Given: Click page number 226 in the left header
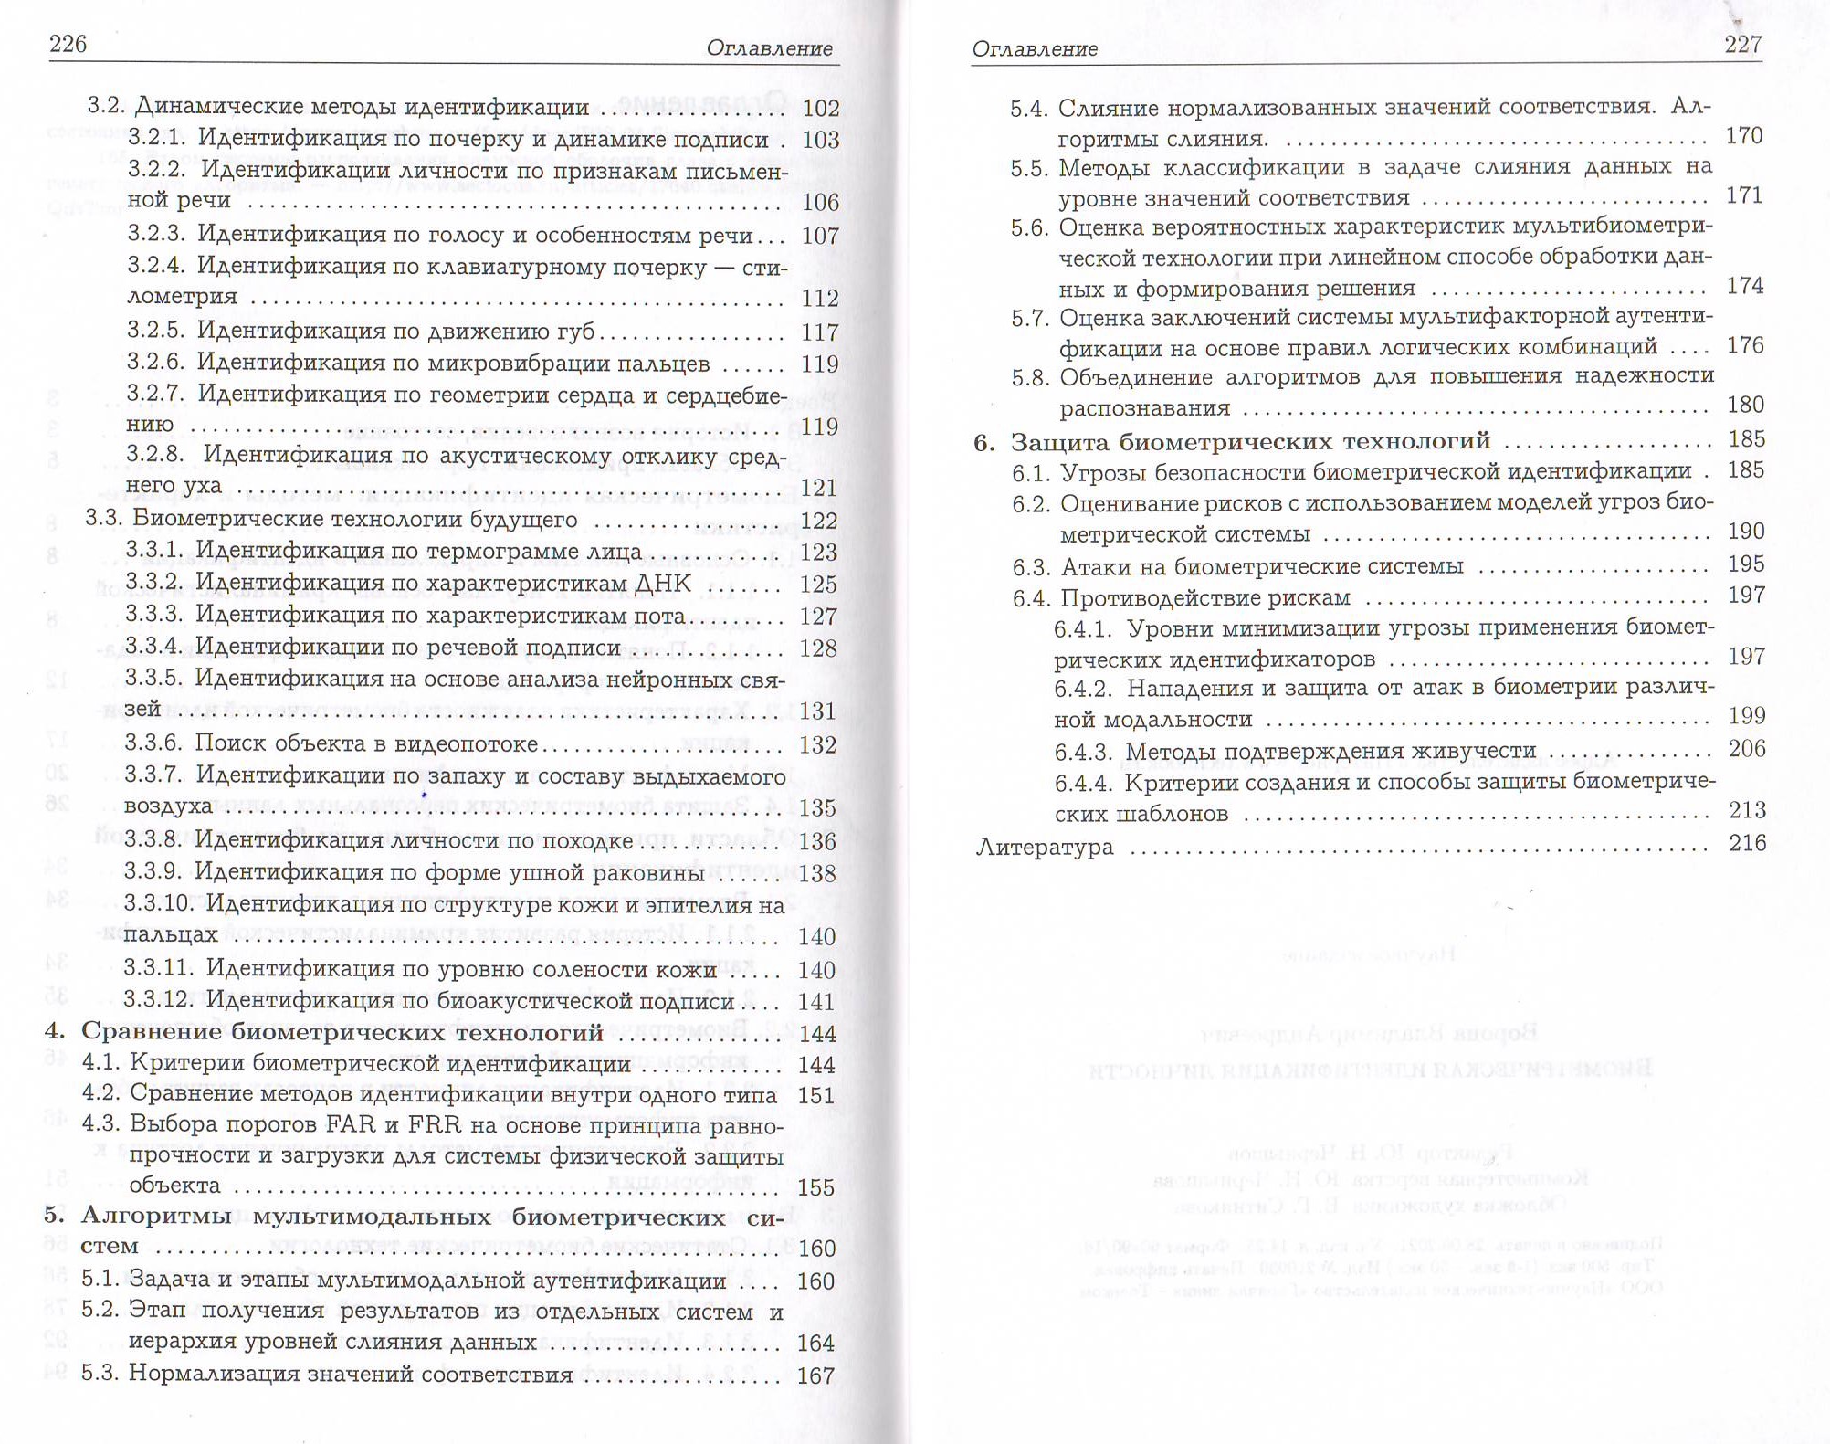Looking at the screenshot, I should click(x=68, y=44).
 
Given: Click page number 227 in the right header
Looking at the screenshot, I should click(x=1742, y=45).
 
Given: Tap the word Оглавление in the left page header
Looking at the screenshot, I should click(x=769, y=48).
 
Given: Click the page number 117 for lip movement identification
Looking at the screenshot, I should click(x=819, y=332).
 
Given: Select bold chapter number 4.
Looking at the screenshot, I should click(x=55, y=1031).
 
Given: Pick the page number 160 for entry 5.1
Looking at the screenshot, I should click(x=815, y=1281).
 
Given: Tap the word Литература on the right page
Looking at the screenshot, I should click(x=1045, y=847).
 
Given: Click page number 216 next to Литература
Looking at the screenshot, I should click(x=1747, y=842).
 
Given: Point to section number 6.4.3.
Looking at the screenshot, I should click(x=1083, y=752).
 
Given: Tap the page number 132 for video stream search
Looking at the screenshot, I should click(x=817, y=745).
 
